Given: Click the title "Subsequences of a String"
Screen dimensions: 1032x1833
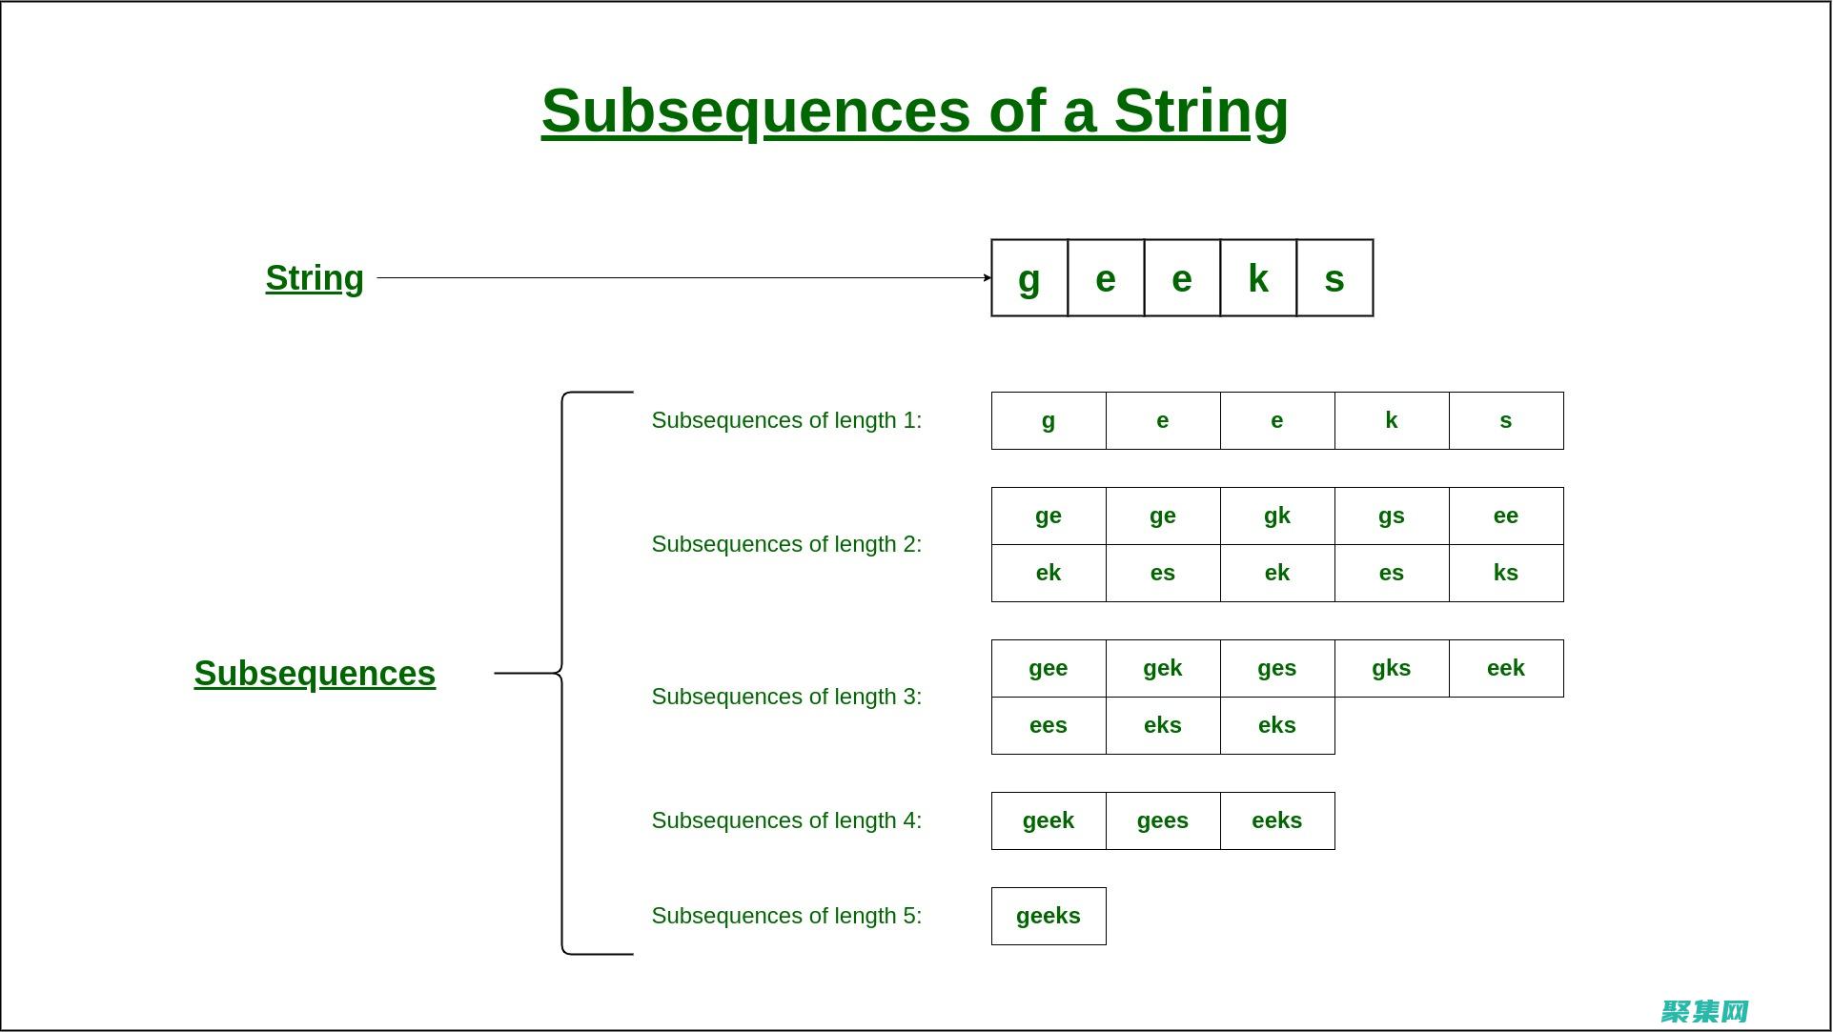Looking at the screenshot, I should point(914,111).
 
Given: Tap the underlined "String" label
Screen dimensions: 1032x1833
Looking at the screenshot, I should point(315,278).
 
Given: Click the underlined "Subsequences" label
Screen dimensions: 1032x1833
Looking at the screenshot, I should point(315,674).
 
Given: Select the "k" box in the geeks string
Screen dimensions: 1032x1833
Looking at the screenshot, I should point(1258,278).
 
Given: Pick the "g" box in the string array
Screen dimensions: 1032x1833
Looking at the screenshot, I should point(1029,278).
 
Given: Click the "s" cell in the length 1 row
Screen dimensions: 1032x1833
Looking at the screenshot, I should point(1506,420).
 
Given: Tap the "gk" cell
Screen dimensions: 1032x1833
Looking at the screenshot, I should point(1277,516).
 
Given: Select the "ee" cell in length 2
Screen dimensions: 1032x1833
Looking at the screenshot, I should point(1506,516).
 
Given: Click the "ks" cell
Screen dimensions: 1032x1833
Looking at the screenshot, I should point(1506,573).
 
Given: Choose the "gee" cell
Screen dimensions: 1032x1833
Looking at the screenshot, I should point(1049,668).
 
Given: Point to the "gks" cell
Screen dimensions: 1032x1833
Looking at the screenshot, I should point(1392,668).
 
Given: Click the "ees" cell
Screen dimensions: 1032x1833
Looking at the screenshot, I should point(1049,725).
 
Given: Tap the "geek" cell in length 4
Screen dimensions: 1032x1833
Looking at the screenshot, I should point(1049,820).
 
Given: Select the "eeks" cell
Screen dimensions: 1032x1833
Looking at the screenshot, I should point(1277,820).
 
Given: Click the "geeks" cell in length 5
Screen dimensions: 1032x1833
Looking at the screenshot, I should point(1049,916).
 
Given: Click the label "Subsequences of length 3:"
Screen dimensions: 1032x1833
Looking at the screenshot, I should point(786,697).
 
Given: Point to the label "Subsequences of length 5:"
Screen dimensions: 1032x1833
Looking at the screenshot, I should point(786,916).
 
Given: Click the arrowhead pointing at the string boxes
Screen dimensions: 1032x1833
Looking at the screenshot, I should point(987,278).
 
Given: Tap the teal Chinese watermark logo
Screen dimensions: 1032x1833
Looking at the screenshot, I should point(1704,1010).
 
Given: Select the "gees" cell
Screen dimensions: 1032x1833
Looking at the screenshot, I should point(1163,820).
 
